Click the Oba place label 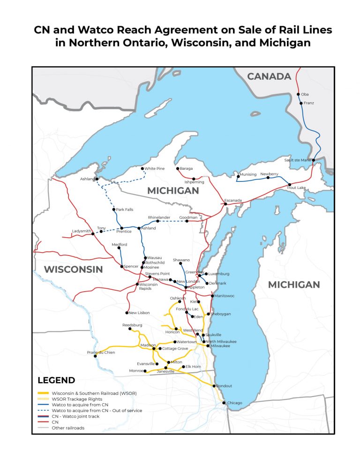tap(305, 94)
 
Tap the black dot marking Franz tap(301, 103)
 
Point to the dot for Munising tap(238, 176)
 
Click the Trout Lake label tap(296, 188)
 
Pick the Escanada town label tap(233, 200)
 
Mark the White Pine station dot tap(142, 168)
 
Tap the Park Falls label tap(125, 210)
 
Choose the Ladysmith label tap(81, 231)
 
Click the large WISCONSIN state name tap(73, 269)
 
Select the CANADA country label tap(269, 76)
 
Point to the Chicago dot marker tap(224, 403)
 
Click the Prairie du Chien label tap(101, 352)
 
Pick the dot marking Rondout tap(214, 386)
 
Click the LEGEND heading tap(56, 380)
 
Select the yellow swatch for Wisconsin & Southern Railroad tap(44, 393)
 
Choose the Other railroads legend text tap(68, 428)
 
